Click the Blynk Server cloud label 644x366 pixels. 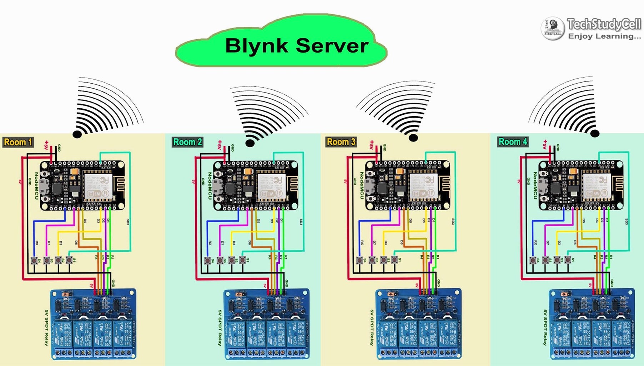click(x=296, y=46)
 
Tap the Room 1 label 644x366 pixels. click(x=18, y=142)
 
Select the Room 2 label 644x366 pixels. click(x=187, y=142)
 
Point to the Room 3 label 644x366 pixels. click(x=341, y=142)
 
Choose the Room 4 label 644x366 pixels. click(x=513, y=142)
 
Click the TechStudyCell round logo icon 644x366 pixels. click(x=553, y=29)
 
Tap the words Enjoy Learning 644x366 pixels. click(x=604, y=36)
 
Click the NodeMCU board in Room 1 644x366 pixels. click(x=82, y=185)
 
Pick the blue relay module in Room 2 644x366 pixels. click(x=266, y=324)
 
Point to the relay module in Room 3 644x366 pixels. click(x=418, y=324)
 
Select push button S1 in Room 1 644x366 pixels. click(x=69, y=260)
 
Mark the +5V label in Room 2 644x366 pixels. click(x=220, y=145)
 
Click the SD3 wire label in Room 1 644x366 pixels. click(x=128, y=222)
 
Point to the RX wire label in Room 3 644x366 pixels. click(x=362, y=243)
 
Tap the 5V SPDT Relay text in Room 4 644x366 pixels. click(x=545, y=327)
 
